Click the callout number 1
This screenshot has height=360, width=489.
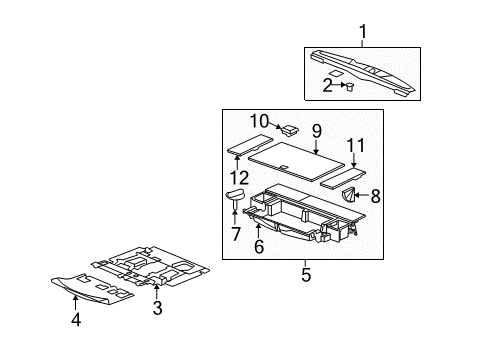(363, 32)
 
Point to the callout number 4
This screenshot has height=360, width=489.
(77, 320)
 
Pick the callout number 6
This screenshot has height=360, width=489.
(258, 246)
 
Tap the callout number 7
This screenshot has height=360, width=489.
(235, 235)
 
